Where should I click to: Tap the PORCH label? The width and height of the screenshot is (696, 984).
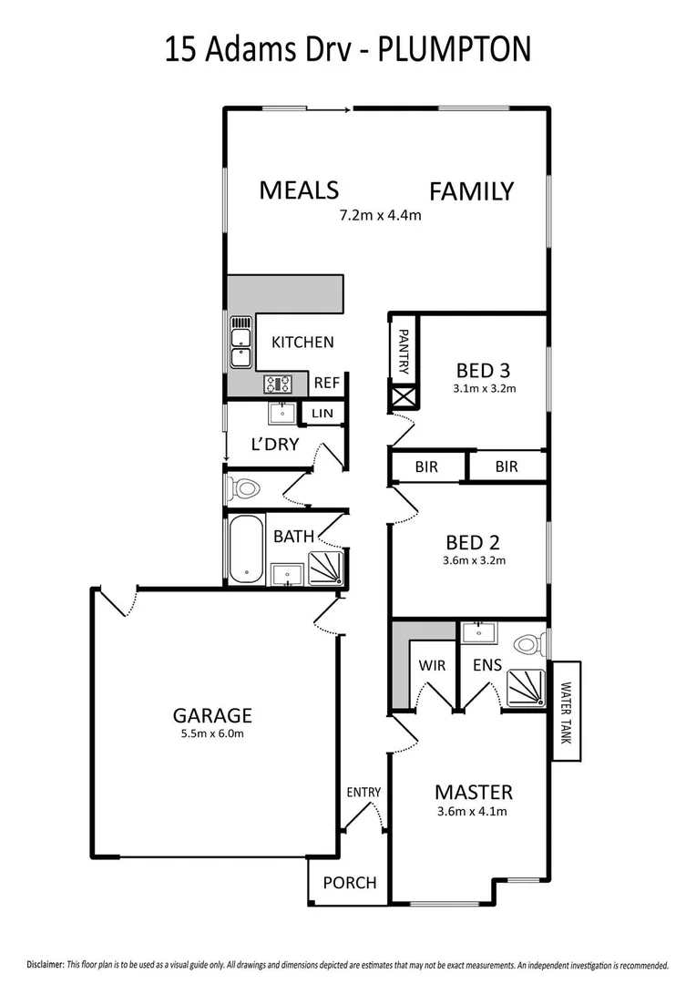tap(350, 882)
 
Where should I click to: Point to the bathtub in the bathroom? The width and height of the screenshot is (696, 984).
tap(245, 550)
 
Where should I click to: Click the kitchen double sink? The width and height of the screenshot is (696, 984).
tap(241, 343)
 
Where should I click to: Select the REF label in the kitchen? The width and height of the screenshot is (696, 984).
tap(326, 384)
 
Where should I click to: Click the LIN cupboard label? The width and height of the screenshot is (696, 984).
tap(322, 414)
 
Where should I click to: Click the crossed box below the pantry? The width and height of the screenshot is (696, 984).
tap(404, 397)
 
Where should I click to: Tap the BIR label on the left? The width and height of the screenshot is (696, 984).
tap(426, 466)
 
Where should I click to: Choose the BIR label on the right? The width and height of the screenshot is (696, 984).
tap(507, 466)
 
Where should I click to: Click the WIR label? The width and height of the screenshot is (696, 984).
tap(433, 665)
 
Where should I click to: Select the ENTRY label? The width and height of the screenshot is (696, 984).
tap(363, 793)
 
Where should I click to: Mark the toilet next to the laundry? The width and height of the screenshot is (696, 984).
tap(244, 488)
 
